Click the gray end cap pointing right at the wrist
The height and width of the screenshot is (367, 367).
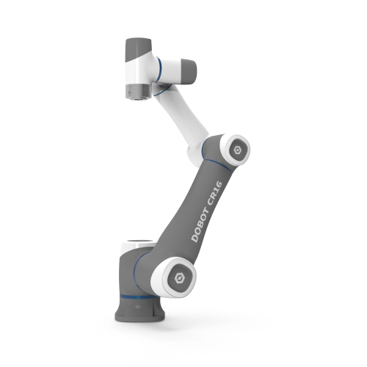pos(187,69)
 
